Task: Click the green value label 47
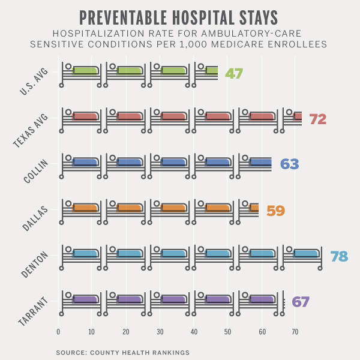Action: [x=233, y=74]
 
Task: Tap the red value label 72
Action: [x=317, y=119]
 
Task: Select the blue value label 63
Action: [x=289, y=164]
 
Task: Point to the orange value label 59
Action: [x=275, y=211]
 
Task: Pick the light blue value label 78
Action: [x=339, y=257]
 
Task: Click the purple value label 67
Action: [x=300, y=302]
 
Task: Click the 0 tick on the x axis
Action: [x=58, y=331]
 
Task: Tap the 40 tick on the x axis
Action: [x=194, y=331]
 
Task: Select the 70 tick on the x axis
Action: [x=295, y=331]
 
